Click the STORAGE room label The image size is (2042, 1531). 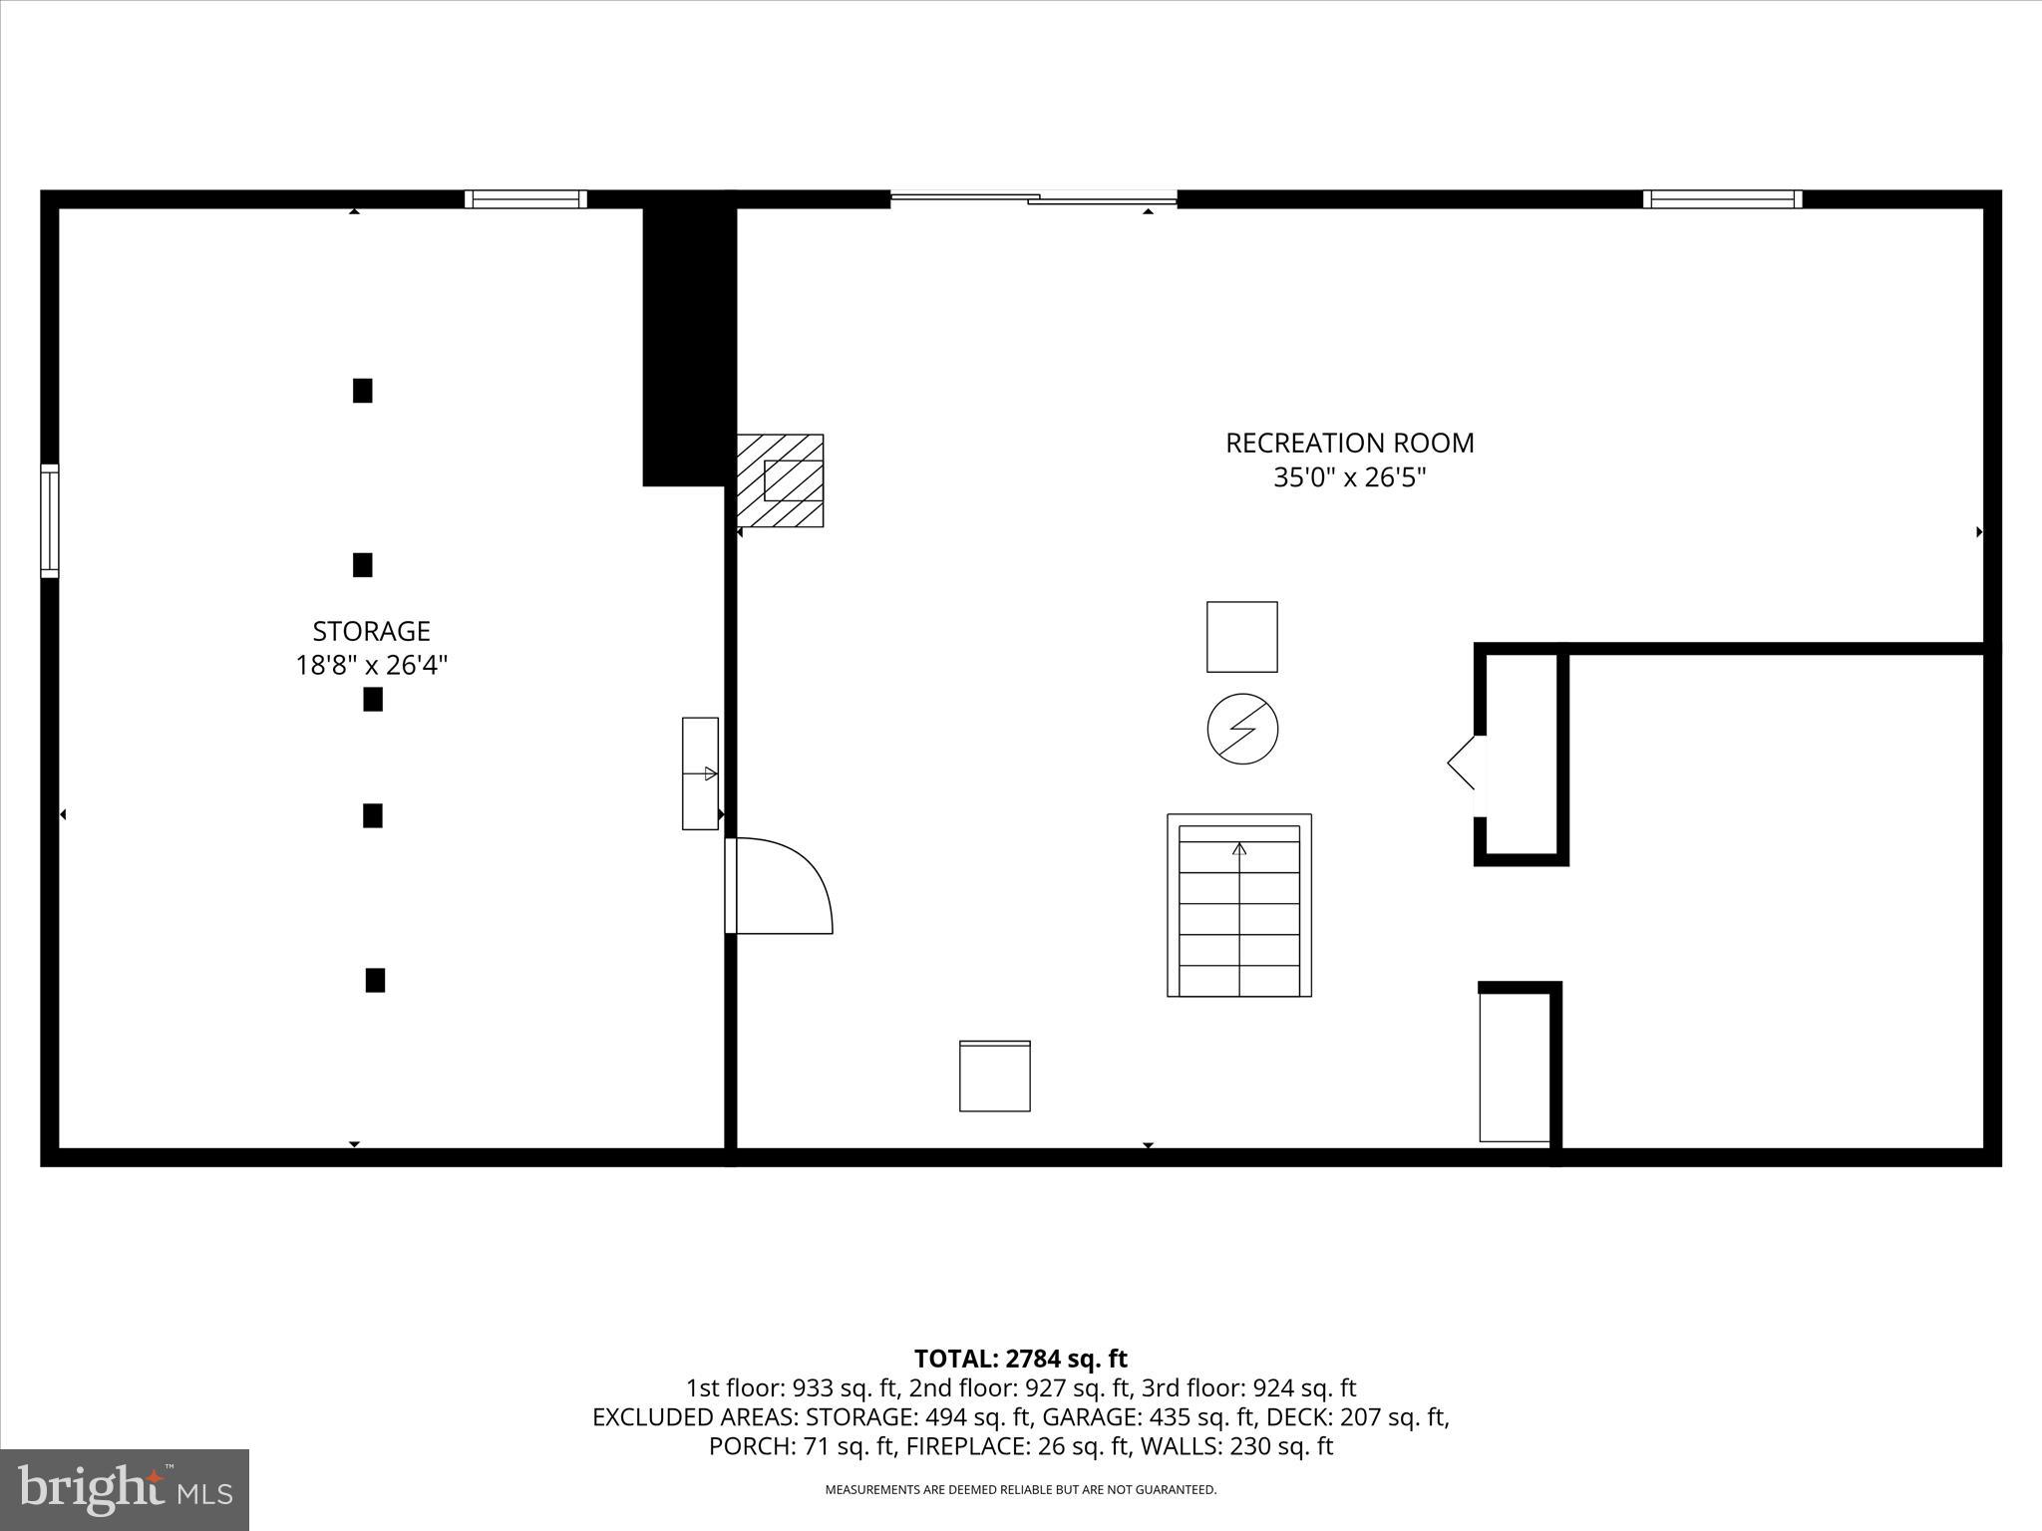(371, 631)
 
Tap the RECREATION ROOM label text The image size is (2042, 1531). (1349, 443)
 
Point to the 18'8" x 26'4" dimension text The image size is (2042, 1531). (371, 665)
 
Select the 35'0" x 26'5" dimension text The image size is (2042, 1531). (1349, 477)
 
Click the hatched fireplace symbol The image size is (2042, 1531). (780, 480)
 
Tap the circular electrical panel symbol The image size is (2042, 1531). (1242, 729)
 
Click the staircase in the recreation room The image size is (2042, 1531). (1239, 905)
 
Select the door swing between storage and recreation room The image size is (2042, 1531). (783, 886)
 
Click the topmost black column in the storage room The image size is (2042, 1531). (363, 391)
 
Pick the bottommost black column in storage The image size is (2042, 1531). (375, 980)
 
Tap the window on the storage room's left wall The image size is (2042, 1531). (49, 520)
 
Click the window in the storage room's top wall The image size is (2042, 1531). (525, 199)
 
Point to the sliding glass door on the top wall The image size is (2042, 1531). (1033, 199)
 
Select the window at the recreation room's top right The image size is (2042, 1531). (1722, 199)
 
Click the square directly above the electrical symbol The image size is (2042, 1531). (1242, 637)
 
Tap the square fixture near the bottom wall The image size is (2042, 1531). (994, 1075)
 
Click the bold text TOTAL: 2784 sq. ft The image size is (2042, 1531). (1020, 1359)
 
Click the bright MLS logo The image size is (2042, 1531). (125, 1489)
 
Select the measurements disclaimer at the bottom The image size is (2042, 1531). (1020, 1490)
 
